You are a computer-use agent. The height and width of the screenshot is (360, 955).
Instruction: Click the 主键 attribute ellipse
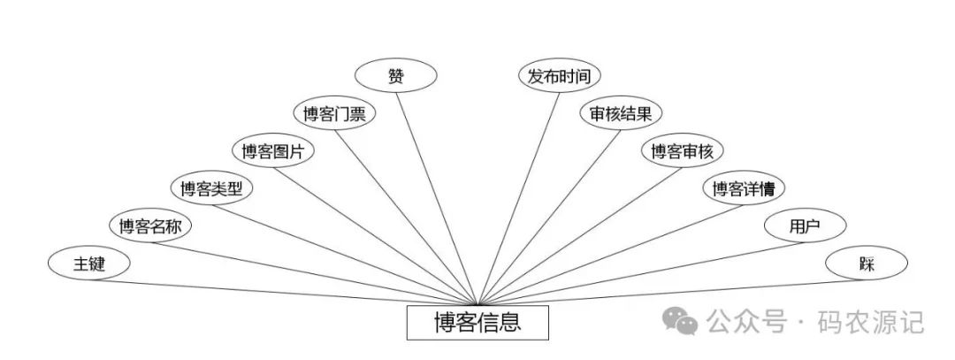click(x=89, y=263)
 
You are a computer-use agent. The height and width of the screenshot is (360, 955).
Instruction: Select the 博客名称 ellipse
click(x=150, y=226)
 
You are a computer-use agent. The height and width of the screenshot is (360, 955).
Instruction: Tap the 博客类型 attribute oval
click(x=211, y=188)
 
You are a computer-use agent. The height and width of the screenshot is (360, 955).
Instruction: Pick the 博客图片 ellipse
click(x=273, y=151)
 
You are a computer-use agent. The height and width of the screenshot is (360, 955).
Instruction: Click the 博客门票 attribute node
click(x=334, y=113)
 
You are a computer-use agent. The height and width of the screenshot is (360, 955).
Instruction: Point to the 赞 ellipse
click(x=395, y=76)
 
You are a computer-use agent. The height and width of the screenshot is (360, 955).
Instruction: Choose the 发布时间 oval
click(x=559, y=76)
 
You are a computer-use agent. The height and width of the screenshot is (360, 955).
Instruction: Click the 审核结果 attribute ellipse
click(x=621, y=113)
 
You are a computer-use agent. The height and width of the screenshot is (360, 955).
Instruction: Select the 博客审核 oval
click(x=682, y=151)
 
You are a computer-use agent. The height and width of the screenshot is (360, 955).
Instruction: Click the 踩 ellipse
click(x=866, y=263)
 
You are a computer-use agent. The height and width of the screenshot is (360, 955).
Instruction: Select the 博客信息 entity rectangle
click(x=477, y=323)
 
